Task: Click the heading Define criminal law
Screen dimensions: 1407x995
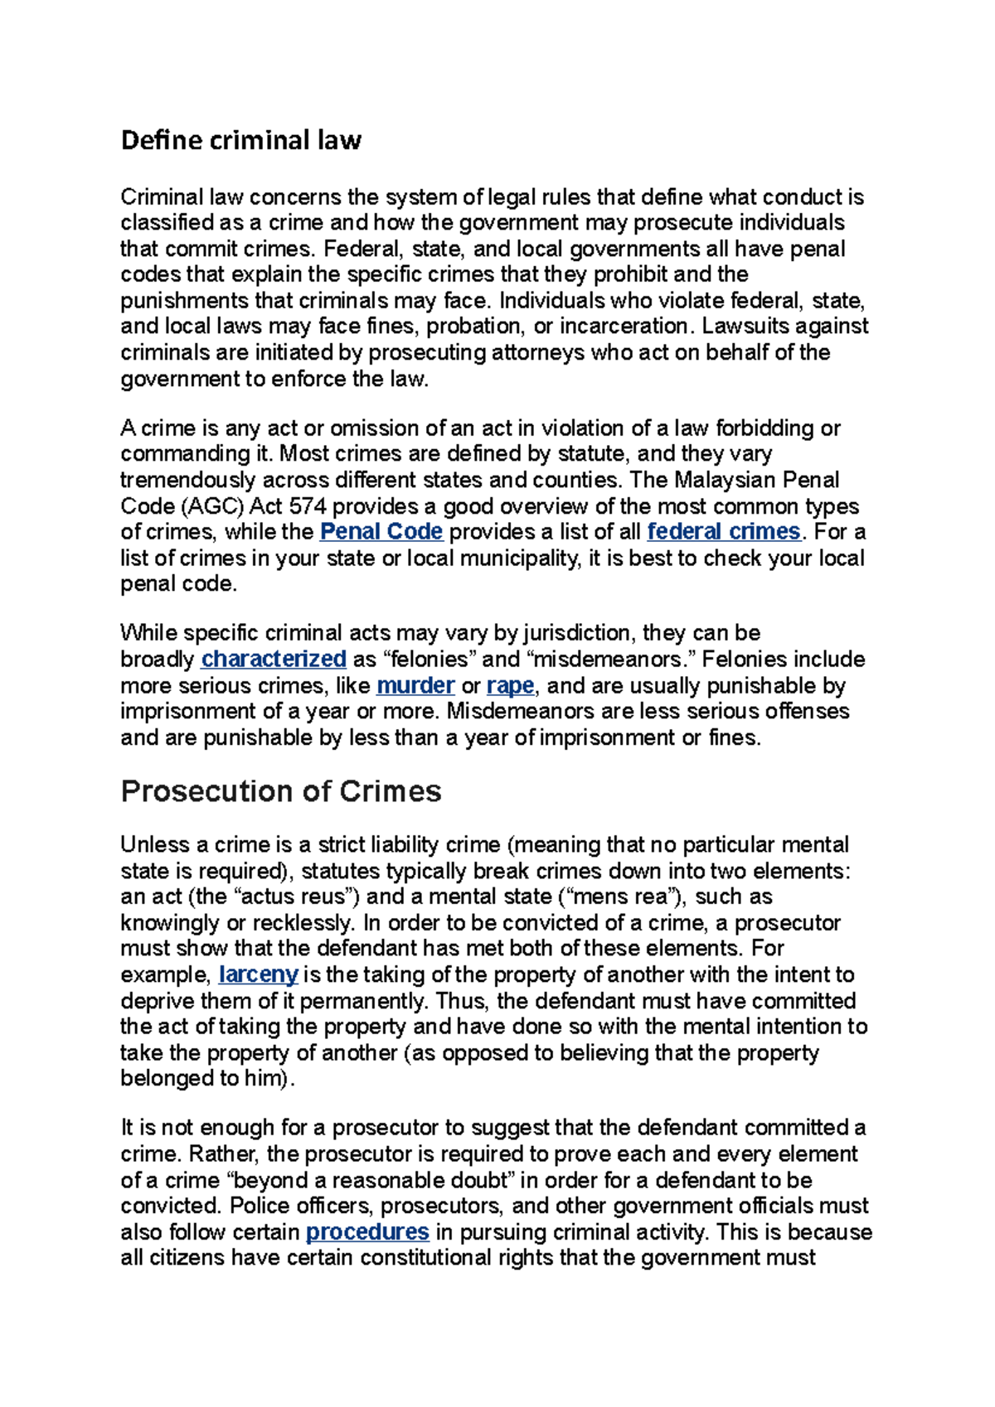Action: click(x=240, y=140)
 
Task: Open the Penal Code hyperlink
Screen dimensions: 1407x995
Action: click(x=381, y=531)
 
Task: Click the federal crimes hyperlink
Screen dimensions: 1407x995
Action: click(x=723, y=531)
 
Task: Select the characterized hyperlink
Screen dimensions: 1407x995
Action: click(x=274, y=659)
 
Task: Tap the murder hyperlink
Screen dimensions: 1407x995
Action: click(x=415, y=685)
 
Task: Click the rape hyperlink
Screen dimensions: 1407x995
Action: click(x=510, y=685)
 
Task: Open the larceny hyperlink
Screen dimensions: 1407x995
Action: click(x=258, y=974)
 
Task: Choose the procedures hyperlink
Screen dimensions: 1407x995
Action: click(x=367, y=1231)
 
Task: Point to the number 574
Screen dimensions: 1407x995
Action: click(x=307, y=505)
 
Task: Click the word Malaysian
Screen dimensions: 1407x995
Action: click(x=725, y=480)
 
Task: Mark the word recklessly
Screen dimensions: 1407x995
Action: click(x=302, y=922)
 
